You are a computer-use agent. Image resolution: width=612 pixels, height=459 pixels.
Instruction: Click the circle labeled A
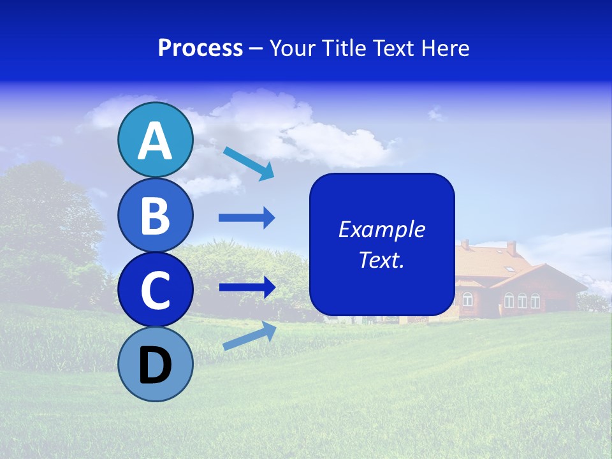click(x=155, y=140)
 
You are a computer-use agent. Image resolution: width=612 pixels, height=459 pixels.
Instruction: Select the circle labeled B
click(x=155, y=215)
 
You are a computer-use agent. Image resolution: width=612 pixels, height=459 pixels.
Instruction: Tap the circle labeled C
click(x=155, y=290)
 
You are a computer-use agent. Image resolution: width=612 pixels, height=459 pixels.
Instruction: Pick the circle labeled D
click(x=155, y=365)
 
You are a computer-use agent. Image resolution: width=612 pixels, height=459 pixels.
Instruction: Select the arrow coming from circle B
click(x=247, y=218)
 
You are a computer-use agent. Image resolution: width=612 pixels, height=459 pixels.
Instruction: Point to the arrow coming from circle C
click(x=247, y=287)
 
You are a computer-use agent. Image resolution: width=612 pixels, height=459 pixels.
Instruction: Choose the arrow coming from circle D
click(x=249, y=337)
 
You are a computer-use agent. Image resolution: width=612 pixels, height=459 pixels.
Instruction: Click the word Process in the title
click(x=200, y=48)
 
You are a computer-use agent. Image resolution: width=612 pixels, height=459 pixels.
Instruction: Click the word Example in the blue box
click(x=381, y=229)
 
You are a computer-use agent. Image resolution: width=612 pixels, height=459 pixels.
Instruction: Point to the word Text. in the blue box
click(x=381, y=259)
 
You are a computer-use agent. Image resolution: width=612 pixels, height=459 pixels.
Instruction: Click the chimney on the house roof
click(x=511, y=247)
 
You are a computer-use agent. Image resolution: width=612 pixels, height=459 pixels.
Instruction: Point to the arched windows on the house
click(x=521, y=300)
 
